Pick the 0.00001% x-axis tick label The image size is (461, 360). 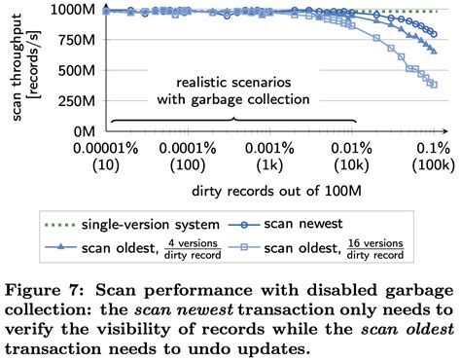(113, 147)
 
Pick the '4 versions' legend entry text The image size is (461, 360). (195, 242)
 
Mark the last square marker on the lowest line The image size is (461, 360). (433, 85)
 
